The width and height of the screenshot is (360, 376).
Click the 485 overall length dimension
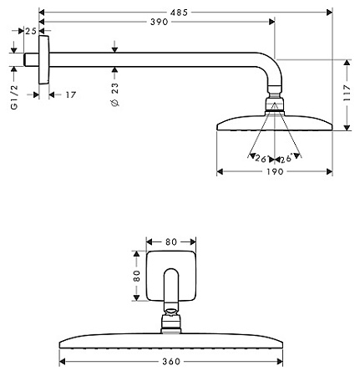pos(186,10)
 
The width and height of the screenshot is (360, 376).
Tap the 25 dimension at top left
pos(30,31)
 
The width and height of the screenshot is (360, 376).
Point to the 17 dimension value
pos(70,94)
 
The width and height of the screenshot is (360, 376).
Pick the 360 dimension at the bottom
pos(173,362)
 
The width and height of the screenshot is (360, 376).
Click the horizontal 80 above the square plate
pos(171,242)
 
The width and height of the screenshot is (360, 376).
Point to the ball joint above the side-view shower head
pos(273,105)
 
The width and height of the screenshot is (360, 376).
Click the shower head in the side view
pos(274,123)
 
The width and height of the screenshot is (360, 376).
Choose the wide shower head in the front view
pos(171,343)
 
